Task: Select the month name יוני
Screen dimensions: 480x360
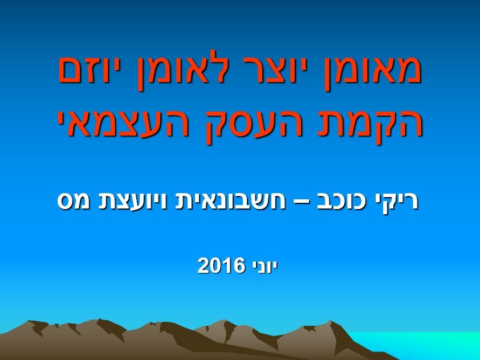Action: [x=265, y=265]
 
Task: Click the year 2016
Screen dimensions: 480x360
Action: [x=221, y=265]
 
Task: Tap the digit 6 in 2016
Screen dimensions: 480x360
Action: [x=239, y=265]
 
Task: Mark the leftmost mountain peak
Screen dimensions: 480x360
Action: [x=30, y=321]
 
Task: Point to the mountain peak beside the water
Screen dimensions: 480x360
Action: [x=331, y=322]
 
